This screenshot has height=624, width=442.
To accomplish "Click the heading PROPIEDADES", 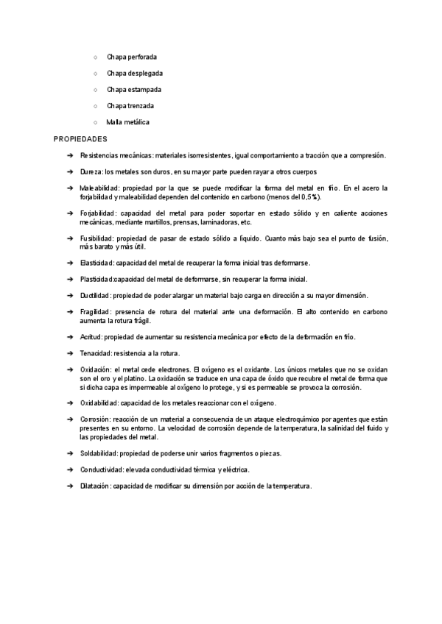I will (x=81, y=138).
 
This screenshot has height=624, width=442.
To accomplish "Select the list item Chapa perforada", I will (x=131, y=57).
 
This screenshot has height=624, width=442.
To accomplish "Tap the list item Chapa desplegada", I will (x=134, y=74).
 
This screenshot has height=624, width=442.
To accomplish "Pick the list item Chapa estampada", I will (x=133, y=90).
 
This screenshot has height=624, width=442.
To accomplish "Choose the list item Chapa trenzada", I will (x=130, y=106).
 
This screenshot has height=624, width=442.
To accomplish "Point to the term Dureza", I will (x=91, y=171).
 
